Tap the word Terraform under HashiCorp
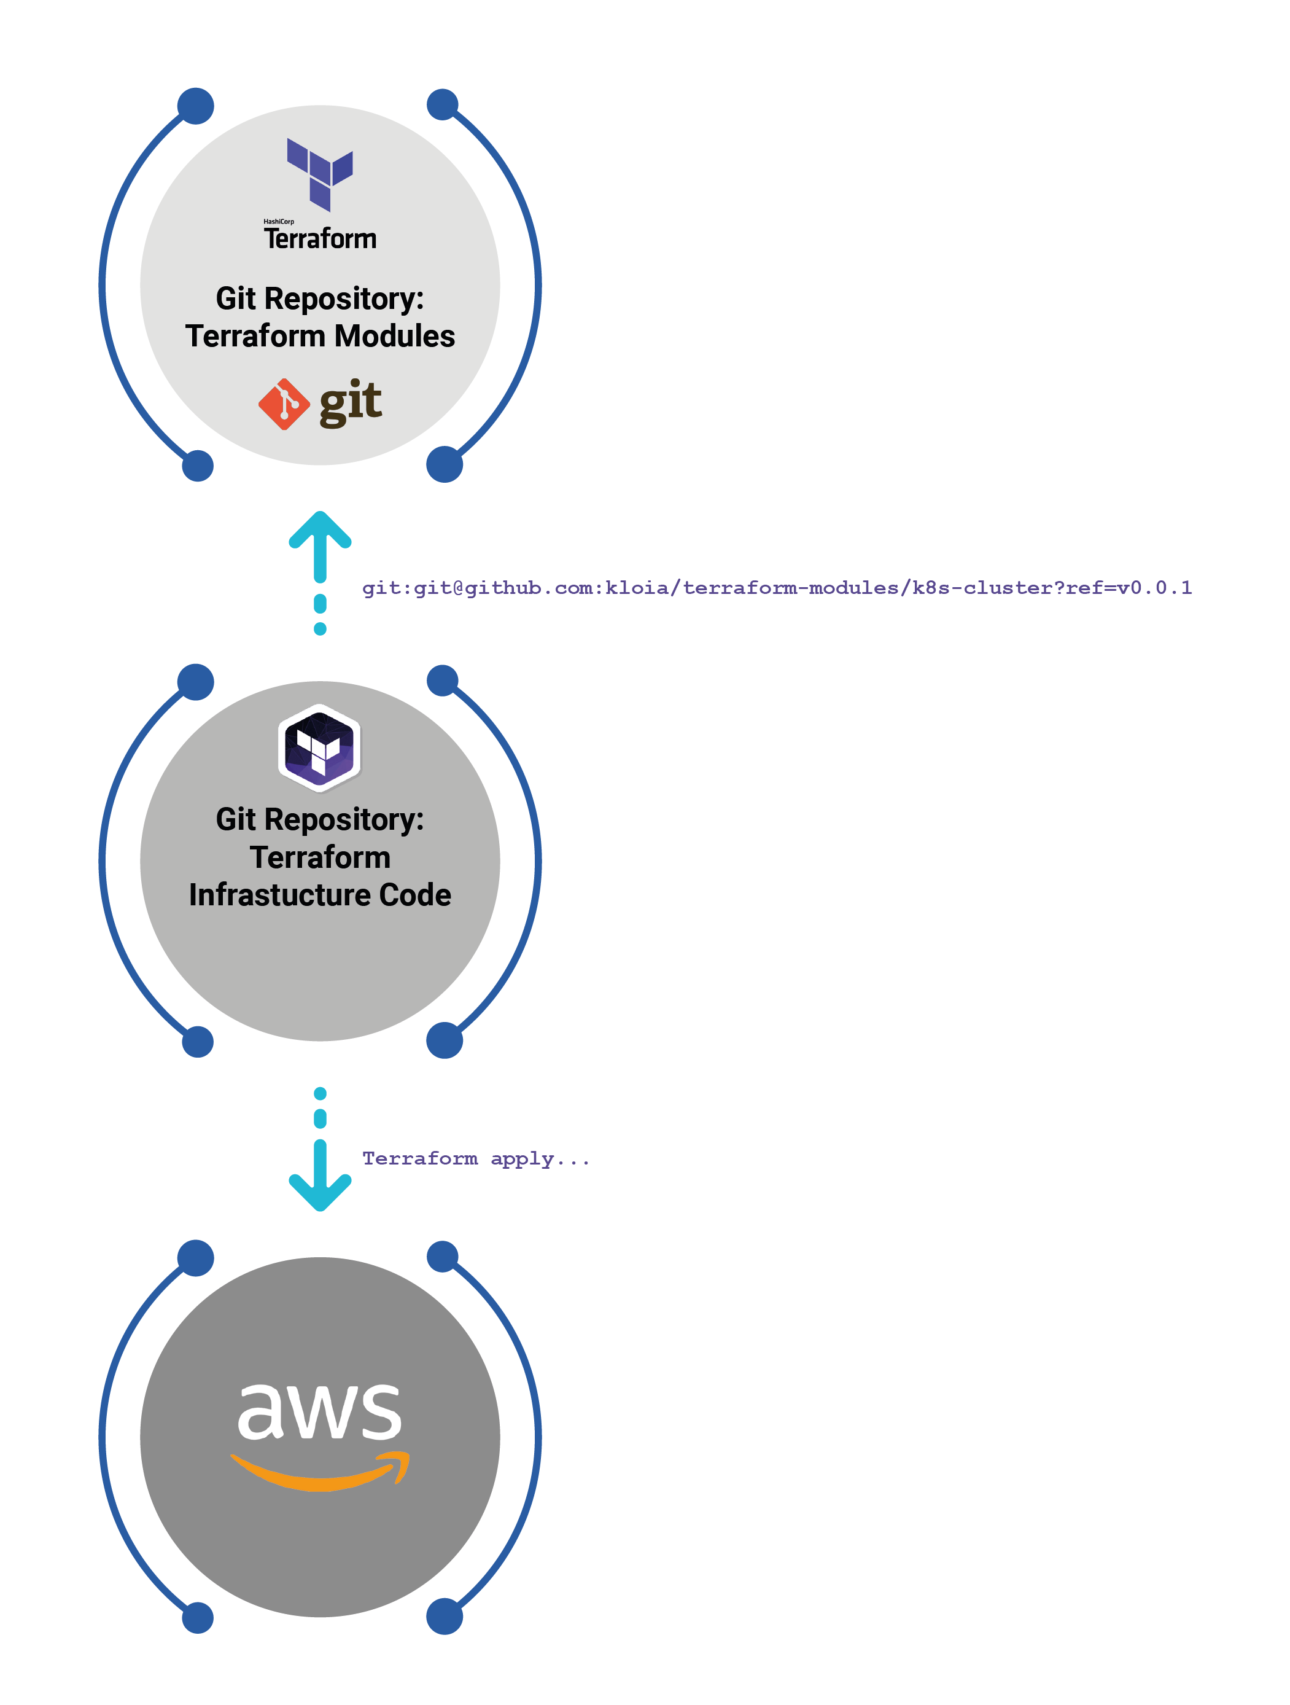click(x=320, y=239)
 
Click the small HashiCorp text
click(x=278, y=221)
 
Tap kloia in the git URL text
click(x=637, y=588)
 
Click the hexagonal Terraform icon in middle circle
click(x=319, y=747)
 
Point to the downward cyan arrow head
click(x=320, y=1191)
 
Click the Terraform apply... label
click(x=475, y=1158)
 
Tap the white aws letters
click(x=319, y=1411)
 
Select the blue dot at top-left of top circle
click(x=196, y=106)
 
